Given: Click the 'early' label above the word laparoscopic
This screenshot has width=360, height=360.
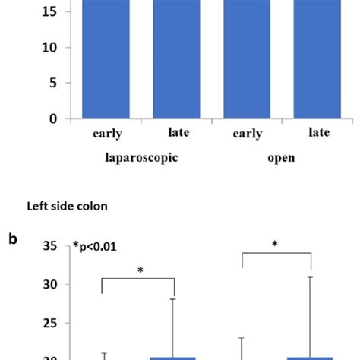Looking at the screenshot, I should (107, 134).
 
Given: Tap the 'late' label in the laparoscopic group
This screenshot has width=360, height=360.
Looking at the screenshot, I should (178, 133).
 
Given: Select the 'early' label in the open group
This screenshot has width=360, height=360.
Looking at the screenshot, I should (248, 134).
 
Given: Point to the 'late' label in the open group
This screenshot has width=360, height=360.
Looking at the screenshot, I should (319, 133).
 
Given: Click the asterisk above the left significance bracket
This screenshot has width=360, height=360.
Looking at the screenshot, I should (139, 270).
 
